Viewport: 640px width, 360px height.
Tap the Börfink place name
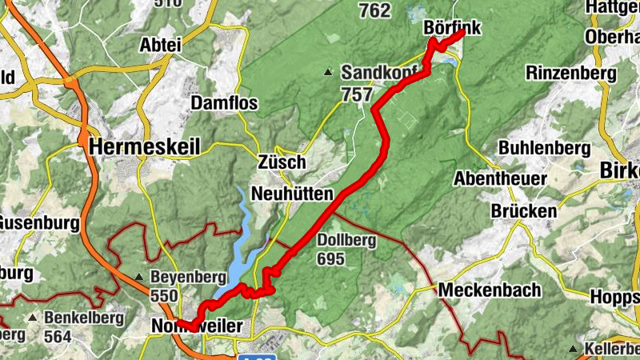[452, 28]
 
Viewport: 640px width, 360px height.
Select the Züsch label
[282, 162]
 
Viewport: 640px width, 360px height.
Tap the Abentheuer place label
[500, 178]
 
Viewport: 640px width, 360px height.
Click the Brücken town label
[524, 211]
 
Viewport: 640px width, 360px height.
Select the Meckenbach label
[490, 290]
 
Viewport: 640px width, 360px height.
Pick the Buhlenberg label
[544, 148]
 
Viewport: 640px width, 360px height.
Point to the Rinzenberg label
[571, 73]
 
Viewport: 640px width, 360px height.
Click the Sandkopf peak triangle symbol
[328, 73]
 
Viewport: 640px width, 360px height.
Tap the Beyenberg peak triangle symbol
[139, 277]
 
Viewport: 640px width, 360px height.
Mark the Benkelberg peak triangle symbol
[33, 318]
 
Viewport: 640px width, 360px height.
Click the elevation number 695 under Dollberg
[330, 258]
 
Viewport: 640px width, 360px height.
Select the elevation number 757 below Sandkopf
[356, 95]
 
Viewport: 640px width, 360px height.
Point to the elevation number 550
[164, 295]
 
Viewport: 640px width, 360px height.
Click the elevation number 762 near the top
[375, 10]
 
